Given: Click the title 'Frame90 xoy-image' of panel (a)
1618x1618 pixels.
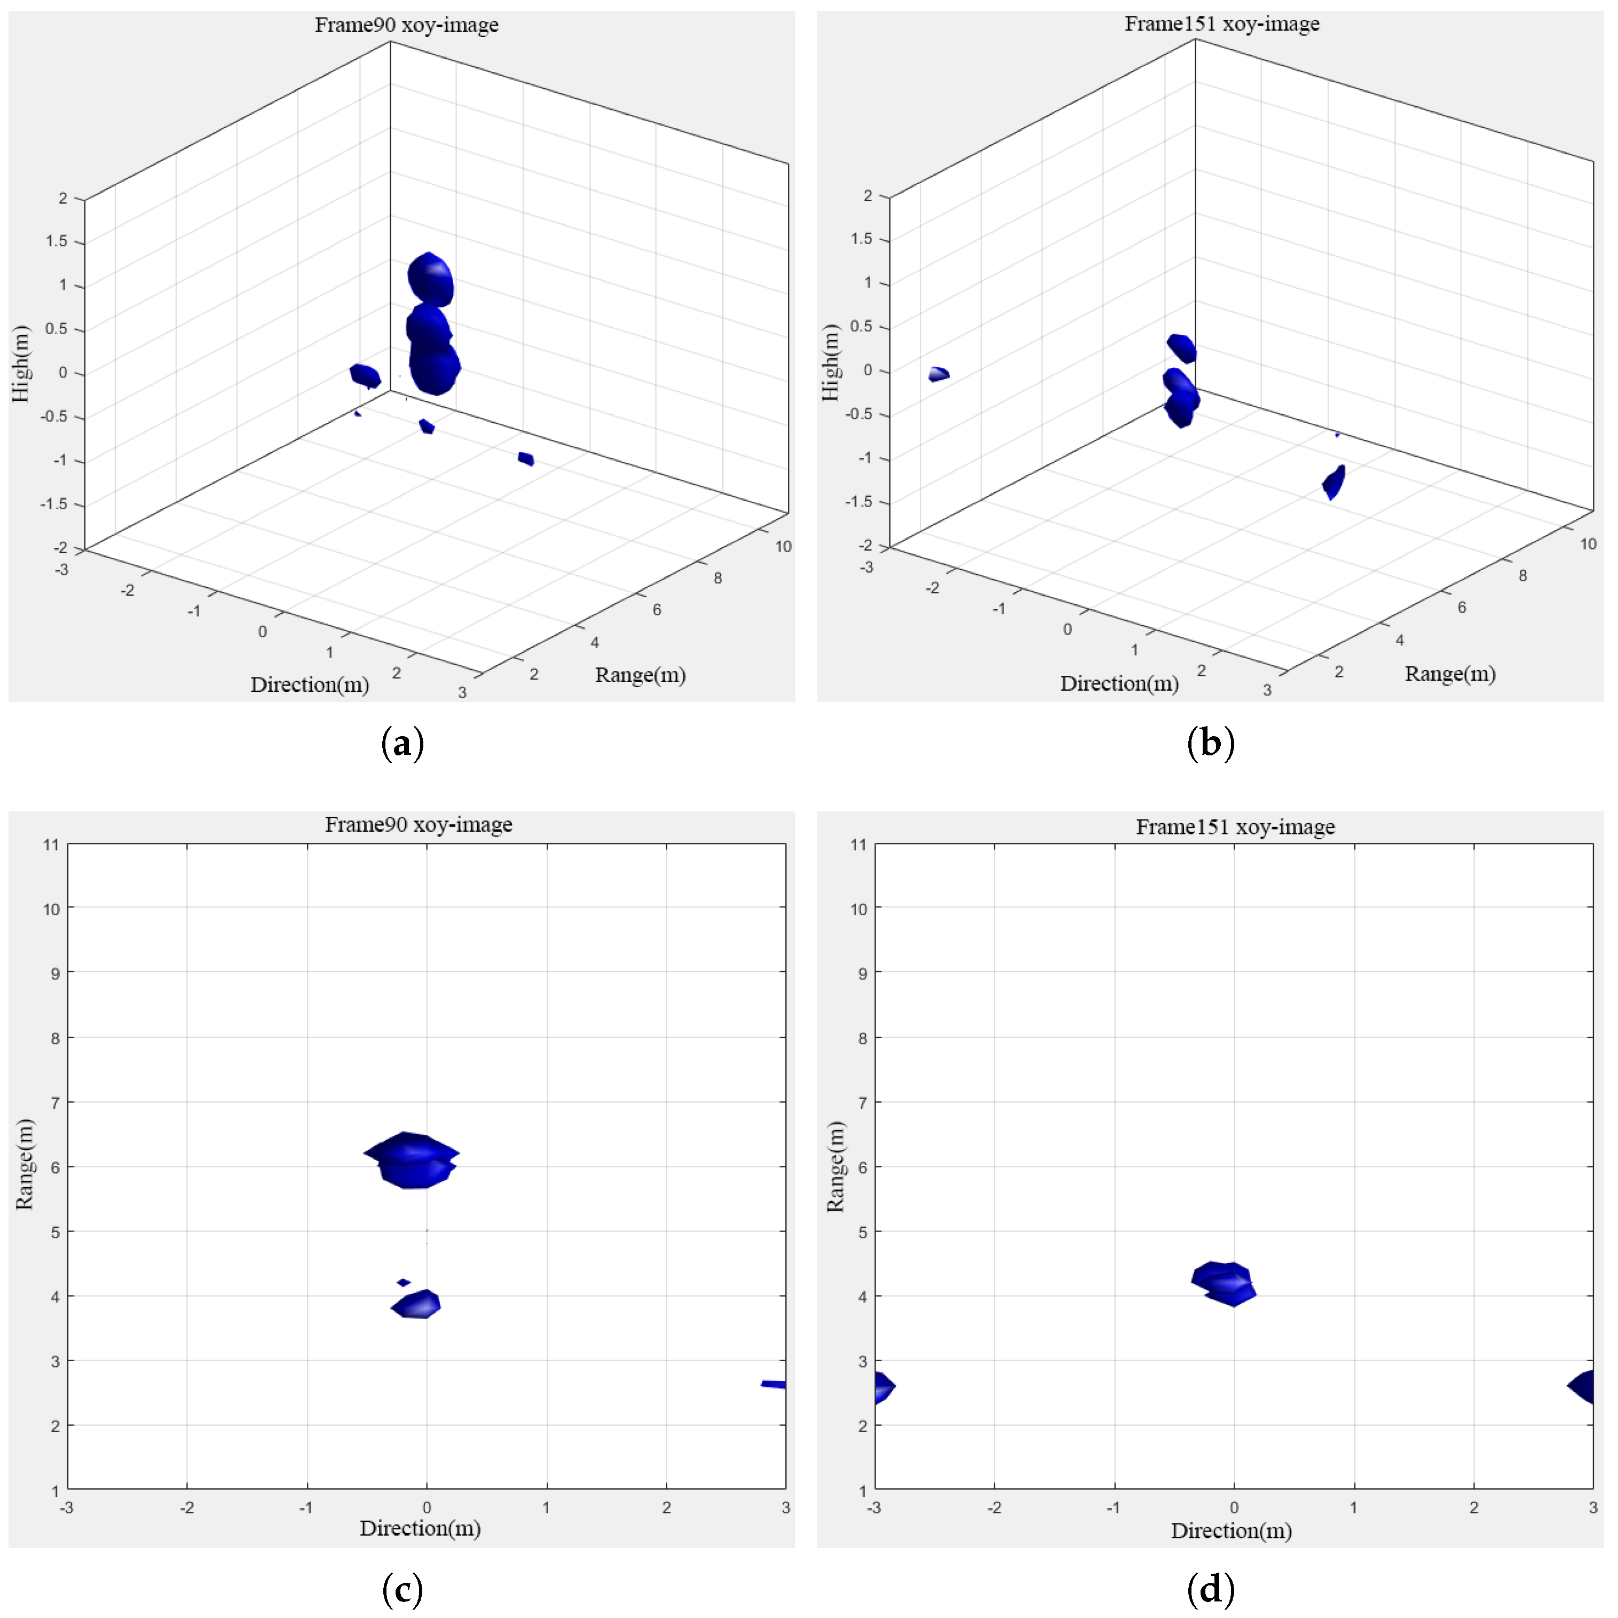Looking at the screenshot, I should pyautogui.click(x=406, y=25).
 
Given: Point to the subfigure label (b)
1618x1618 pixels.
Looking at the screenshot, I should pyautogui.click(x=1210, y=743).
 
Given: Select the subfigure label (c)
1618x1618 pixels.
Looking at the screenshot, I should pyautogui.click(x=402, y=1589).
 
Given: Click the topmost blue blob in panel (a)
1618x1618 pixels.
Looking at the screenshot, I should pyautogui.click(x=430, y=279).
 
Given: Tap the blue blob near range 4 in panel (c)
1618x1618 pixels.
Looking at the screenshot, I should pyautogui.click(x=417, y=1305).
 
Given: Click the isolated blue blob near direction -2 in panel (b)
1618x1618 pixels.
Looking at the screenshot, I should pyautogui.click(x=939, y=374).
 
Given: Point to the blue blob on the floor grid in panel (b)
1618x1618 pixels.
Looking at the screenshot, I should pyautogui.click(x=1334, y=483).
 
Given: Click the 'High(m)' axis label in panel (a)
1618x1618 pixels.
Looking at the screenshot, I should pyautogui.click(x=20, y=364).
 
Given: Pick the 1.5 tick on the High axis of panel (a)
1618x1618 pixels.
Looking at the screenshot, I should pyautogui.click(x=57, y=241).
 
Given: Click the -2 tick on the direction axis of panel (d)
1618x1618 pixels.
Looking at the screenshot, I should pyautogui.click(x=994, y=1507).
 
